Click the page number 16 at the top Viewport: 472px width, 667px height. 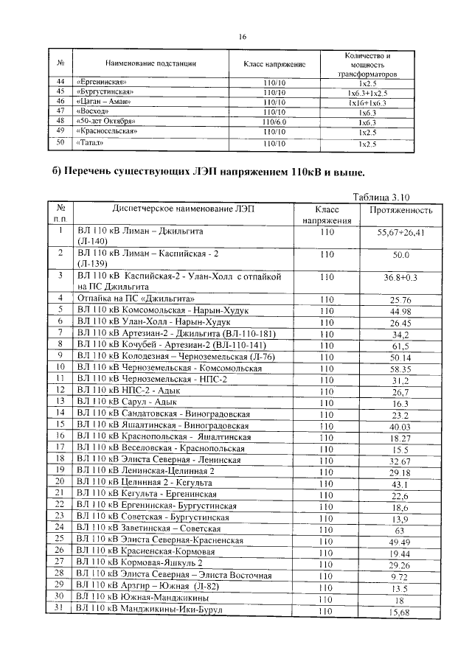pyautogui.click(x=241, y=37)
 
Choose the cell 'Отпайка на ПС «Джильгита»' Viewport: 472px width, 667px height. pyautogui.click(x=136, y=298)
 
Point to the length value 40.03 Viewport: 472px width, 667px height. pyautogui.click(x=400, y=427)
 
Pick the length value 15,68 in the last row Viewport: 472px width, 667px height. pyautogui.click(x=400, y=612)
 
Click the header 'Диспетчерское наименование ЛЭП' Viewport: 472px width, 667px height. pyautogui.click(x=181, y=210)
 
